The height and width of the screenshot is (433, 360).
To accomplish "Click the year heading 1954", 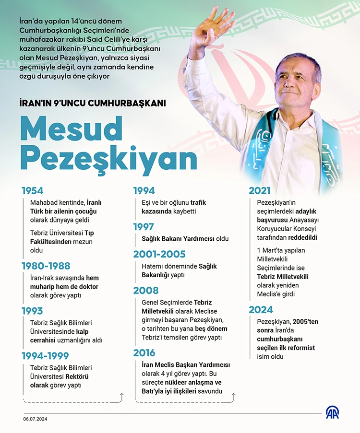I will pyautogui.click(x=32, y=190).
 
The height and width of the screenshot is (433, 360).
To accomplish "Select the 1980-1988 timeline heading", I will pyautogui.click(x=46, y=266).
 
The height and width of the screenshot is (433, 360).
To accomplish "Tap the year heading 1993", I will pyautogui.click(x=32, y=311).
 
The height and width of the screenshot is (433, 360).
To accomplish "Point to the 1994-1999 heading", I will pyautogui.click(x=45, y=356).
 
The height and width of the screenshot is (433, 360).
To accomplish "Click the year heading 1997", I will pyautogui.click(x=144, y=227).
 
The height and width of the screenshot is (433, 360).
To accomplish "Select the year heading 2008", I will pyautogui.click(x=145, y=291).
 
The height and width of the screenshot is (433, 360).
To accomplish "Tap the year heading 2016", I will pyautogui.click(x=144, y=353).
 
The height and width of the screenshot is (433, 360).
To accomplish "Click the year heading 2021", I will pyautogui.click(x=259, y=190).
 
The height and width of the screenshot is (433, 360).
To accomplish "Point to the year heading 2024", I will pyautogui.click(x=261, y=310).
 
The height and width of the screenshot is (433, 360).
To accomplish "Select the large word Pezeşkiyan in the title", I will pyautogui.click(x=108, y=159).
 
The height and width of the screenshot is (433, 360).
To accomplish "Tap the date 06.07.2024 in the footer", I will pyautogui.click(x=35, y=419).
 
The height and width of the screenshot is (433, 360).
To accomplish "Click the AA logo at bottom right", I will pyautogui.click(x=332, y=412).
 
